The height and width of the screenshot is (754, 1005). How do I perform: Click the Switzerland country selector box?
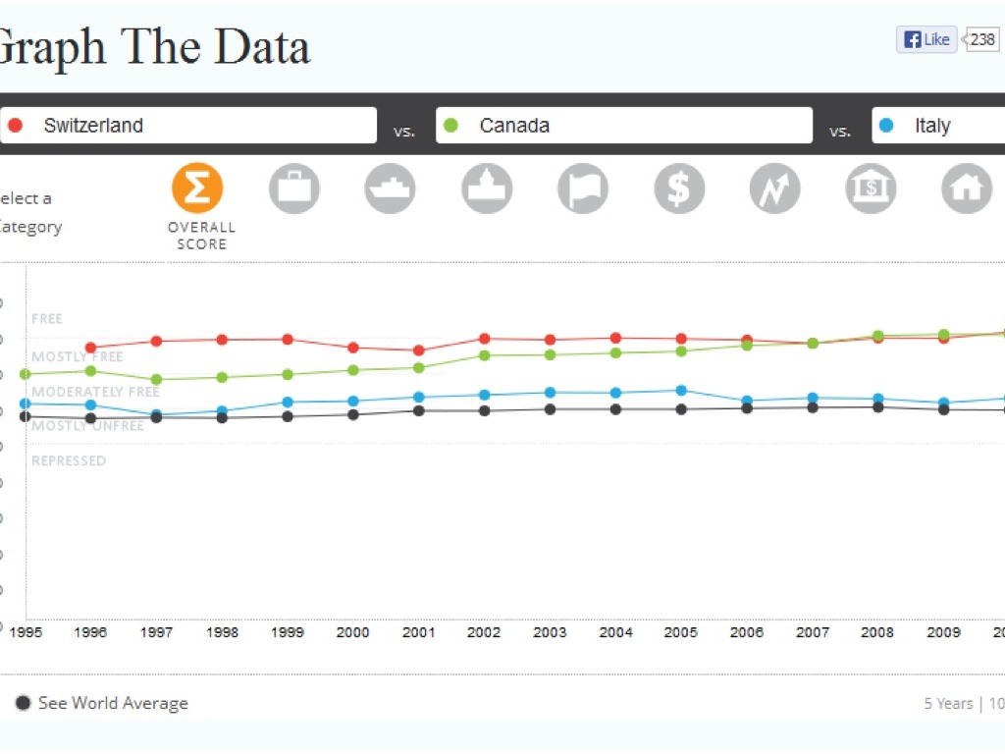click(188, 126)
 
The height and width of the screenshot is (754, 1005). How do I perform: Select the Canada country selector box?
click(624, 126)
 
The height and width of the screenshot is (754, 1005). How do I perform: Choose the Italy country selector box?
click(938, 126)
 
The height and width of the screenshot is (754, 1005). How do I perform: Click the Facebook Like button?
click(926, 39)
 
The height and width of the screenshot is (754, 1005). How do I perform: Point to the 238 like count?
click(982, 39)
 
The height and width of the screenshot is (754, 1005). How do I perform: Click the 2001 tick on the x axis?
click(419, 632)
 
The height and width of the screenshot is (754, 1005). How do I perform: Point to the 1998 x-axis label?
click(223, 632)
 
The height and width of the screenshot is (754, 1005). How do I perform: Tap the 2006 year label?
click(747, 632)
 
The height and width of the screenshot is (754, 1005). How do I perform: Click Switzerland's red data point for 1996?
click(90, 348)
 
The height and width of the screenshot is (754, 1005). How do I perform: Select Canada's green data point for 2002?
click(484, 355)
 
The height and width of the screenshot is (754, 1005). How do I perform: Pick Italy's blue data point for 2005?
click(681, 390)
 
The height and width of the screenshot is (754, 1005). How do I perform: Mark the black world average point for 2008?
click(877, 406)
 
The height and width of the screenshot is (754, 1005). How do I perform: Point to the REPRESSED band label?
click(69, 460)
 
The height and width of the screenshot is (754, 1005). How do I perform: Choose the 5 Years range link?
click(948, 703)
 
